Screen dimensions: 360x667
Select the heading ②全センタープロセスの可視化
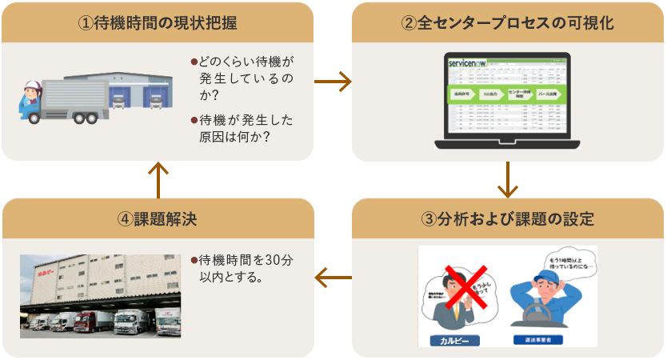click(507, 23)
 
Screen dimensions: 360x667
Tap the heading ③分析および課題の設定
click(507, 218)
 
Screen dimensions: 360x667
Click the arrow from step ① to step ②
click(333, 81)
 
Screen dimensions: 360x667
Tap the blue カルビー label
click(457, 340)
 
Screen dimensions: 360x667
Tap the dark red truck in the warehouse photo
click(86, 321)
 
